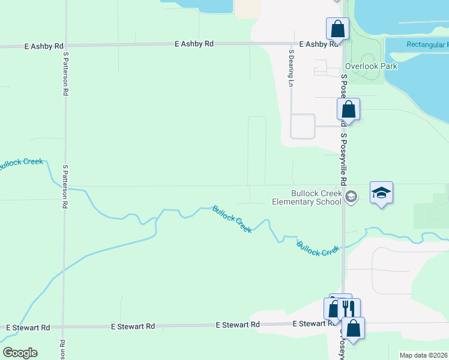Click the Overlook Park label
click(x=371, y=66)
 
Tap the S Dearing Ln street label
click(x=291, y=68)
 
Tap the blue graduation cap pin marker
click(x=381, y=193)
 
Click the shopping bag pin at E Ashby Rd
click(x=337, y=29)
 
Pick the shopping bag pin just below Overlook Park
click(x=348, y=110)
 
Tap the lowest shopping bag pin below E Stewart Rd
click(x=354, y=328)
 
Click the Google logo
click(x=20, y=352)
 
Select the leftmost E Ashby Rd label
click(x=44, y=46)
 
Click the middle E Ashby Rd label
click(x=194, y=44)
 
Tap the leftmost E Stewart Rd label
click(x=28, y=328)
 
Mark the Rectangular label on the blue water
click(x=427, y=44)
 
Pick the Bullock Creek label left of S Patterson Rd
click(x=21, y=163)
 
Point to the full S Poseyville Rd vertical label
click(x=344, y=159)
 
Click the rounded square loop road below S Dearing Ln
click(x=303, y=126)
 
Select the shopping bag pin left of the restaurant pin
click(x=333, y=308)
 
